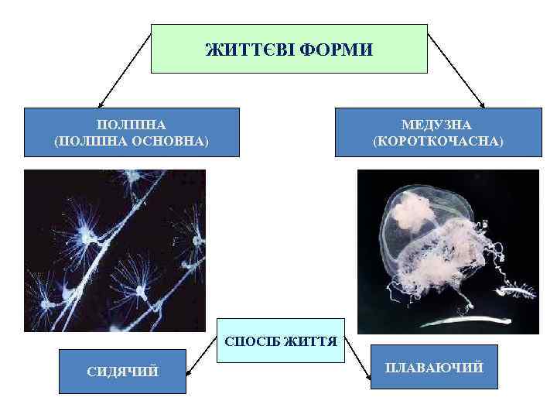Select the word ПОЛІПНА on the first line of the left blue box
coord(131,125)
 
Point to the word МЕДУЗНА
coord(437,125)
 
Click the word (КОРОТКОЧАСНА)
coord(437,142)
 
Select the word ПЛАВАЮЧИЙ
coord(435,366)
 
